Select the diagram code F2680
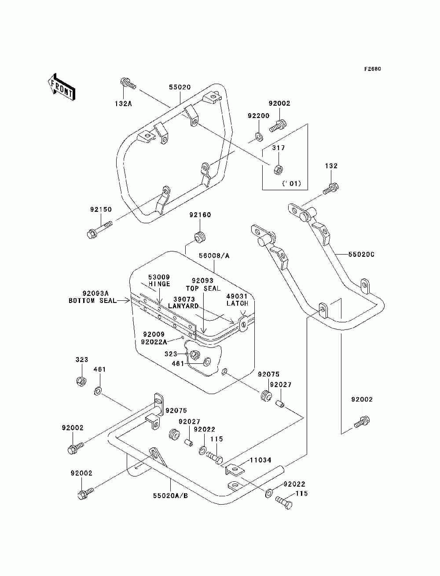(x=372, y=69)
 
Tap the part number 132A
(x=123, y=103)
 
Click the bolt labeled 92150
(x=99, y=230)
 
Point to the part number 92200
(x=258, y=116)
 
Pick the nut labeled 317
(x=278, y=168)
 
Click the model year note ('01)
(x=291, y=183)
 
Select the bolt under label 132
(x=331, y=188)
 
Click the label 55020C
(x=361, y=254)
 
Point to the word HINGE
(x=159, y=284)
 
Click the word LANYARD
(x=183, y=306)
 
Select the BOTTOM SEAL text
(x=92, y=301)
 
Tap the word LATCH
(x=238, y=303)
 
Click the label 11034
(x=260, y=460)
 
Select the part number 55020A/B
(x=170, y=495)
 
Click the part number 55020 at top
(x=180, y=87)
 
